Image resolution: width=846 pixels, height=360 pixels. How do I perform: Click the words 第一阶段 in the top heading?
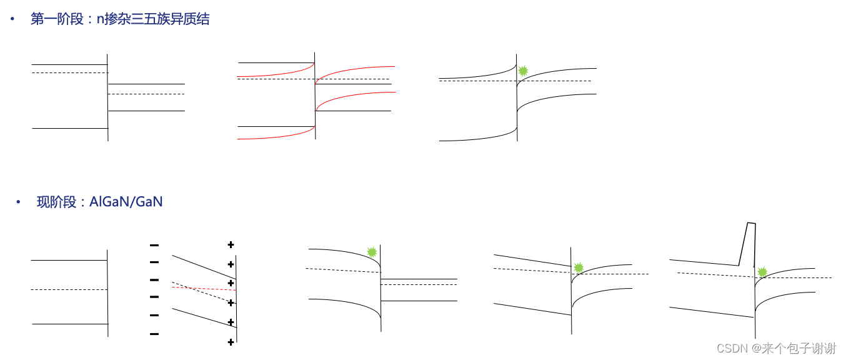pos(57,19)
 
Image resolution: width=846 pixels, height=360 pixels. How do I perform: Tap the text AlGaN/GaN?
pos(126,202)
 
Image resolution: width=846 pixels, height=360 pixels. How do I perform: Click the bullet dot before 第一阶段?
pos(12,19)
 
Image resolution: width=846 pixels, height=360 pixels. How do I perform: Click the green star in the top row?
pos(523,71)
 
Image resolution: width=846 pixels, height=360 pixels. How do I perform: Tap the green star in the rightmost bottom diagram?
pos(762,272)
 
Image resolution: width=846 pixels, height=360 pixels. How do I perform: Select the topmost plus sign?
pos(231,244)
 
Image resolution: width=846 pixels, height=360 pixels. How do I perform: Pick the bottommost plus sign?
pos(231,342)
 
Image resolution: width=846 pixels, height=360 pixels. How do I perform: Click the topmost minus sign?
pos(154,244)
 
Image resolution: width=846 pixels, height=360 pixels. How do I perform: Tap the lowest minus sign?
pos(154,334)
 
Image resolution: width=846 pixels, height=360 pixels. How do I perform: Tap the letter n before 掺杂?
pos(100,19)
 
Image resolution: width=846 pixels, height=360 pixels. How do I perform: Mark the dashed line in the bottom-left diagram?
pos(69,289)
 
